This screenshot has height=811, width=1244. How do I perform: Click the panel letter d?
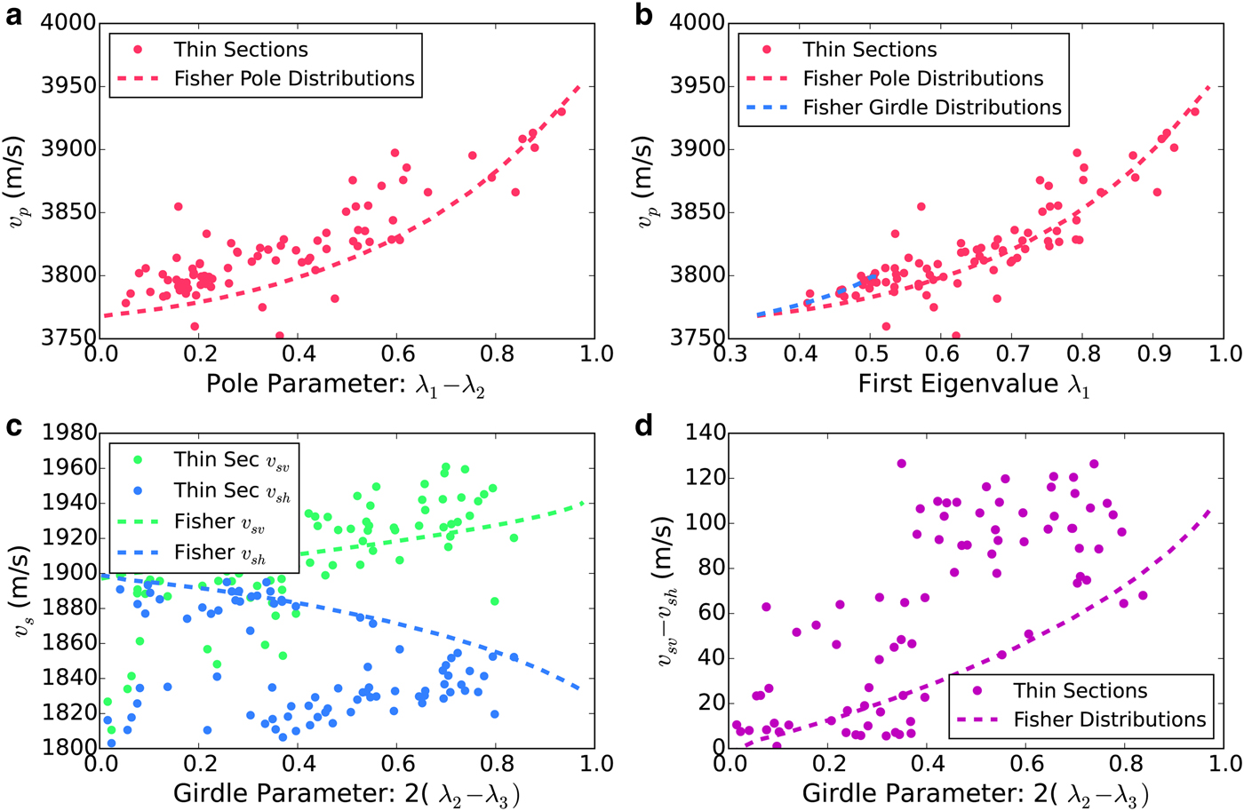coord(644,426)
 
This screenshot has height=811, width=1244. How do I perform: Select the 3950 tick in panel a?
coord(68,86)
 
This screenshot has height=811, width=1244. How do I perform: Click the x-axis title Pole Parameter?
coord(346,384)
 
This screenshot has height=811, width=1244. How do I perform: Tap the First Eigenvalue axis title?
coord(973,384)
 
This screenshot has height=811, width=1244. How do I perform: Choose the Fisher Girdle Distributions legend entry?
coord(931,107)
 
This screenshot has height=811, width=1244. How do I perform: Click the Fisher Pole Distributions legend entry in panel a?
coord(293,78)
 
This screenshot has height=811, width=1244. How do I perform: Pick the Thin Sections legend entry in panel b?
coord(869,50)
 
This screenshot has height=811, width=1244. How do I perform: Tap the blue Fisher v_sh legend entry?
coord(219,553)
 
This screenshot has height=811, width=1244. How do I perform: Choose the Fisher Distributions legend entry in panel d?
coord(1109,720)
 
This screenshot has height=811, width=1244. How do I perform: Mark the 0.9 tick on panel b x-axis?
coord(1154,354)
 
